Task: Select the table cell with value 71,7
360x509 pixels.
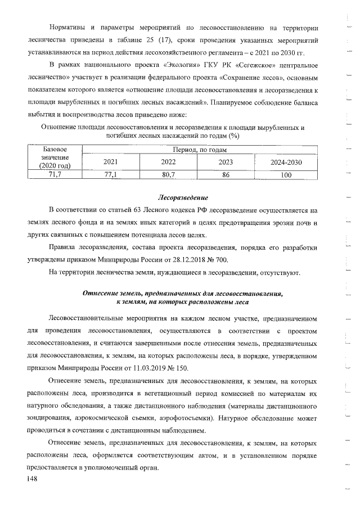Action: pyautogui.click(x=55, y=175)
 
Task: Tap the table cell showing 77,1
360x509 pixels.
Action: pyautogui.click(x=111, y=175)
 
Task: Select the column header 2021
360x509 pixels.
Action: pyautogui.click(x=111, y=161)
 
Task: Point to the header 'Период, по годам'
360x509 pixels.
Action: pyautogui.click(x=200, y=148)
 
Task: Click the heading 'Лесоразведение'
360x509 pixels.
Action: pyautogui.click(x=182, y=198)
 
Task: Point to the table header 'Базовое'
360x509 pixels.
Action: pyautogui.click(x=55, y=148)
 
